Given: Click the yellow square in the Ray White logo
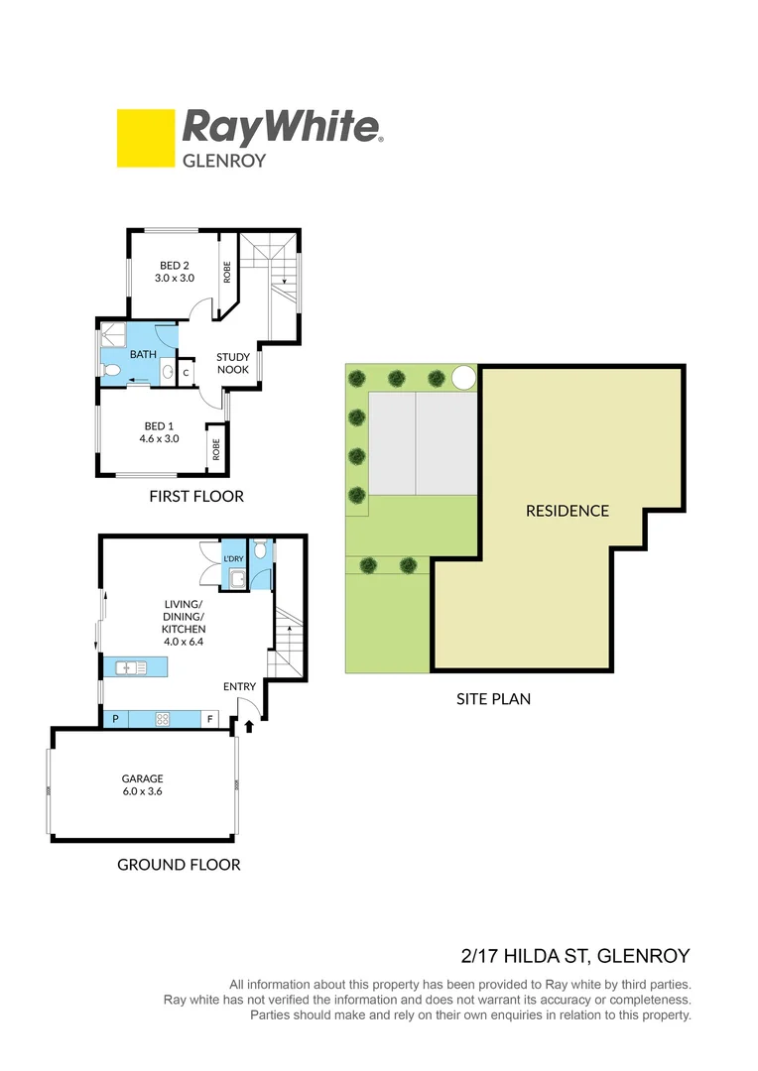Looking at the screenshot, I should click(x=145, y=138).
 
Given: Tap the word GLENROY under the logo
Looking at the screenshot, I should click(x=225, y=159).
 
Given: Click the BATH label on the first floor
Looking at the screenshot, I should click(x=143, y=354).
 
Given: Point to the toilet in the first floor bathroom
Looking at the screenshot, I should click(x=111, y=372).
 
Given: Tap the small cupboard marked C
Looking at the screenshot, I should click(x=187, y=372).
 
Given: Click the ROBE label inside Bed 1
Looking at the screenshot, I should click(x=215, y=449).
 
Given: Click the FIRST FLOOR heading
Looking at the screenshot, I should click(x=195, y=496).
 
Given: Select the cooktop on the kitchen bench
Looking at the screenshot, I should click(x=162, y=720).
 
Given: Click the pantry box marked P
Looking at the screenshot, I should click(x=115, y=720).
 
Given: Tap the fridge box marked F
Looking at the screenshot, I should click(x=210, y=720).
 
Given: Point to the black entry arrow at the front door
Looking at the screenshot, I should click(x=248, y=726).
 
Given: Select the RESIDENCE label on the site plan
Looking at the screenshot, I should click(x=567, y=511).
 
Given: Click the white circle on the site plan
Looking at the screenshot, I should click(x=463, y=377).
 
